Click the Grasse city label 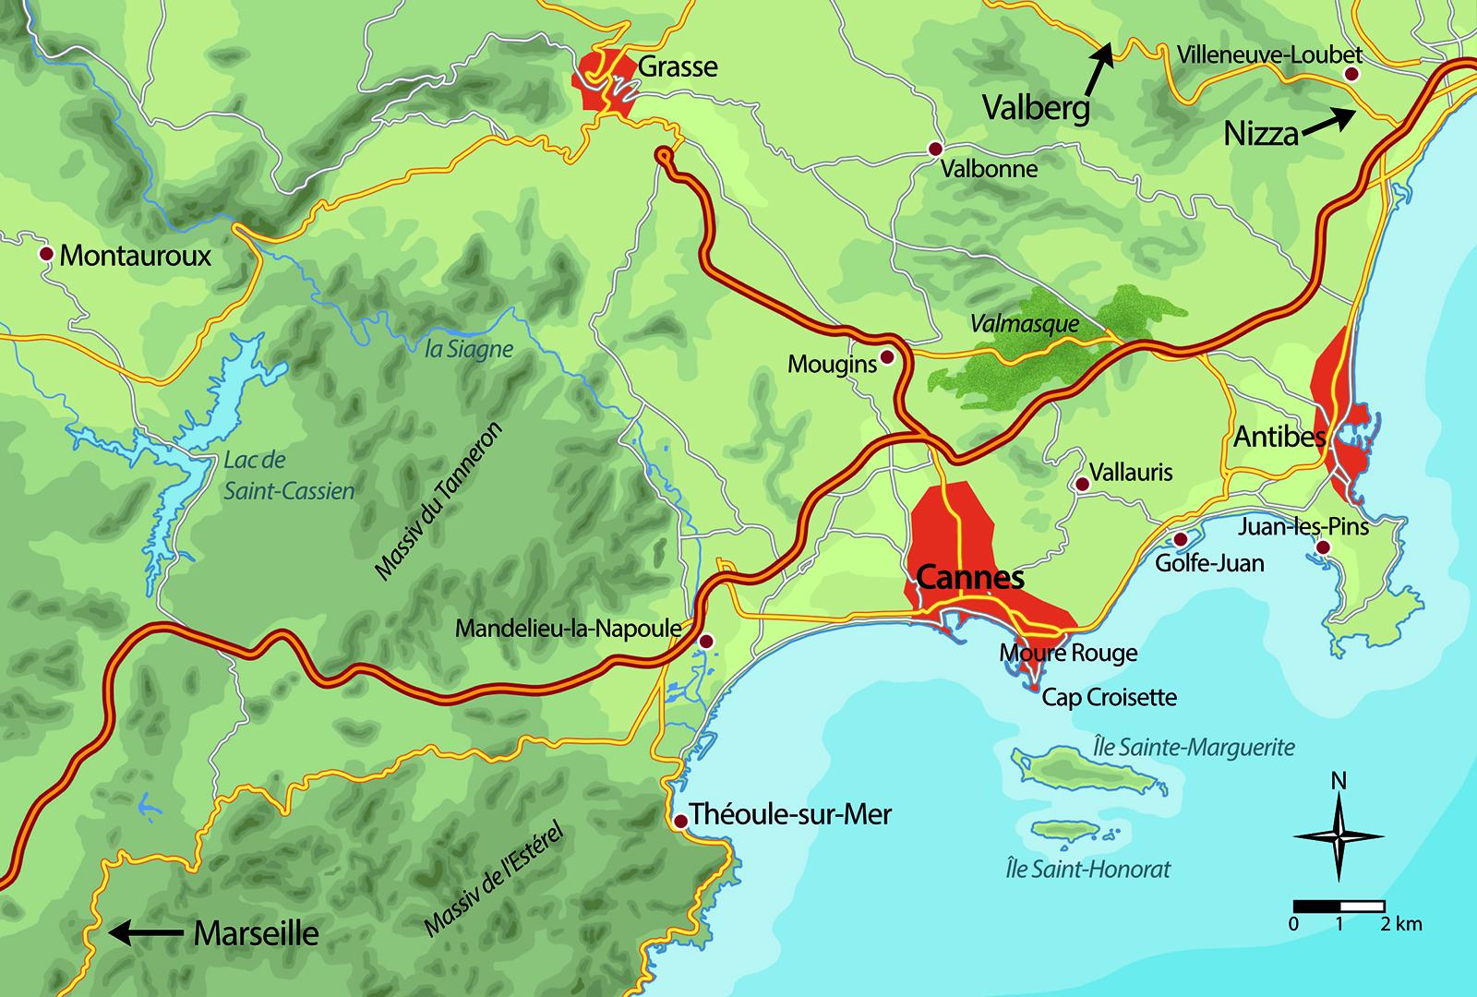click(678, 66)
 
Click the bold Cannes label click(970, 578)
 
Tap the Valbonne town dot click(935, 149)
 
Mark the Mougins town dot click(887, 356)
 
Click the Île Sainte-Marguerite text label click(1194, 747)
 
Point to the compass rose click(1338, 836)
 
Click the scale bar click(1339, 906)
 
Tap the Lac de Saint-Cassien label click(288, 474)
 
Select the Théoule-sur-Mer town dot click(681, 821)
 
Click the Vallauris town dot click(1081, 484)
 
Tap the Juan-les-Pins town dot click(1322, 548)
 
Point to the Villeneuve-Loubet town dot click(1351, 74)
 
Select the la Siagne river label click(468, 350)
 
